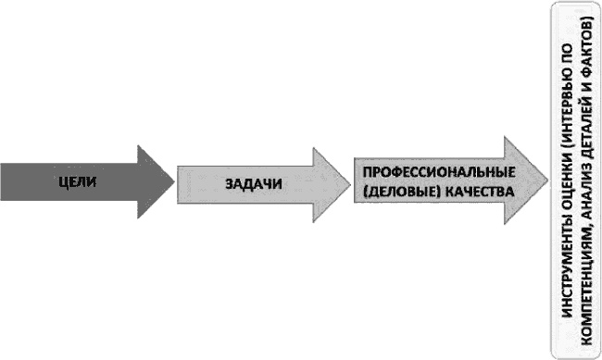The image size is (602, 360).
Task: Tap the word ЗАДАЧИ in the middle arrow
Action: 253,181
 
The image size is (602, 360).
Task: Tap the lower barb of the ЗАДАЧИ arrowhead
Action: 312,218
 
